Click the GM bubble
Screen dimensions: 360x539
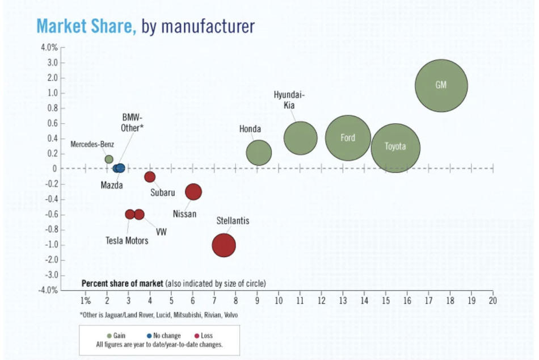point(441,86)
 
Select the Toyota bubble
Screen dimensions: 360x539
point(395,148)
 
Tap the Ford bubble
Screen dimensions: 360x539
point(348,138)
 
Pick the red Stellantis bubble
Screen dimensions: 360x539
point(224,245)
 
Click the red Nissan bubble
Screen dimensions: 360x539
point(193,192)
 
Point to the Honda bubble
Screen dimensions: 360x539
point(259,153)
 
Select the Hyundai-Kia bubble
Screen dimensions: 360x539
point(300,138)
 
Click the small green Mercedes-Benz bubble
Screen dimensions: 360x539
point(109,160)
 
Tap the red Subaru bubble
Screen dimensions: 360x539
point(150,177)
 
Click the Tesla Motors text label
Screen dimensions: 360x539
point(127,241)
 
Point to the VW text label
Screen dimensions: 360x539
point(161,232)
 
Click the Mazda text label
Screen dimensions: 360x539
point(112,185)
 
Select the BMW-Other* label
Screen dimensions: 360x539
point(132,123)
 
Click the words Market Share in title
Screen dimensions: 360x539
point(86,26)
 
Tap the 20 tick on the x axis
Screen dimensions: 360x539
point(492,300)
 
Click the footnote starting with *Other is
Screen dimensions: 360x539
point(158,315)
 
